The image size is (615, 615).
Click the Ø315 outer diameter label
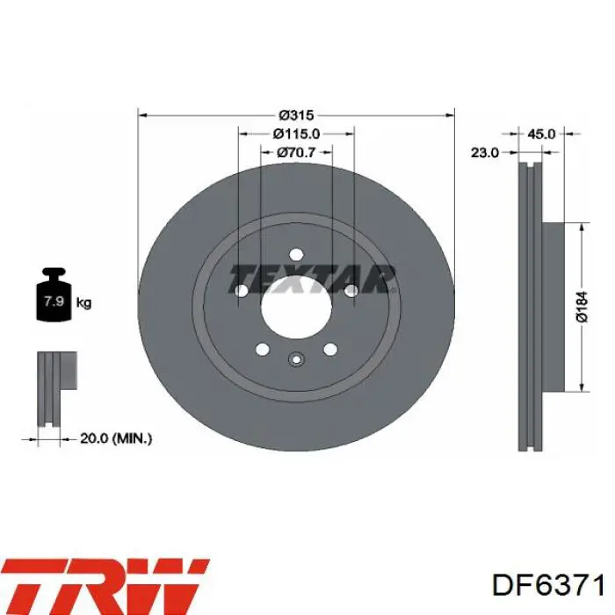click(296, 115)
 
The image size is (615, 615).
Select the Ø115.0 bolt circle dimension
click(297, 134)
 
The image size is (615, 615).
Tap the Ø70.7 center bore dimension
click(296, 152)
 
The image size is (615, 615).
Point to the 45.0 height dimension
click(541, 134)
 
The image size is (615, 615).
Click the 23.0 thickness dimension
click(485, 152)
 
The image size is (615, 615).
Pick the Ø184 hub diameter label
click(582, 307)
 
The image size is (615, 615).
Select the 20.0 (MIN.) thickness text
click(116, 438)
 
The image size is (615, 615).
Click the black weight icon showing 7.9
click(54, 294)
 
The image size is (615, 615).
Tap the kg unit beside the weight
click(83, 302)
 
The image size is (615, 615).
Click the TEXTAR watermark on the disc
click(312, 279)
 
